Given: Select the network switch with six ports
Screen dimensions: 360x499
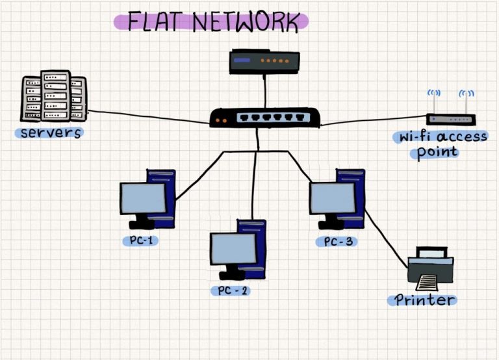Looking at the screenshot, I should [264, 118].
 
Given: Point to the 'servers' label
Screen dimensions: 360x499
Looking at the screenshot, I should [51, 133].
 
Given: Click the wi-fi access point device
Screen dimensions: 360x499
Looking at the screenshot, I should [450, 120].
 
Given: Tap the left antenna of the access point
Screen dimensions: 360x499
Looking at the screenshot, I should [433, 101].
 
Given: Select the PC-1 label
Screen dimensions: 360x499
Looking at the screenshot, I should [140, 241].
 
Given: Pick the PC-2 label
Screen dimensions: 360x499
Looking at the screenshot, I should [230, 290].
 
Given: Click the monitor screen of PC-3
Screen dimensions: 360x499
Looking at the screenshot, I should [332, 198].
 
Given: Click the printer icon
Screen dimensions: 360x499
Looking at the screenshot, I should [431, 270].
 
